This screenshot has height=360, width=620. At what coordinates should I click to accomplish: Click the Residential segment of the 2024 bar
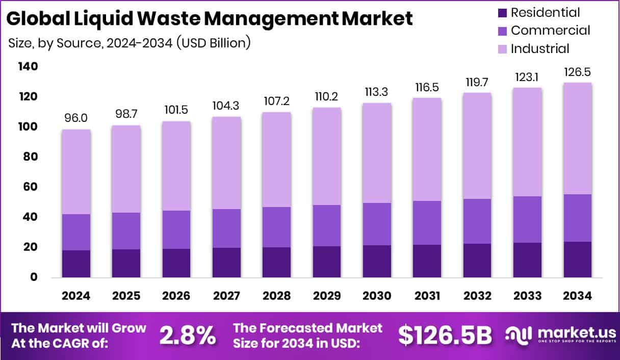point(75,264)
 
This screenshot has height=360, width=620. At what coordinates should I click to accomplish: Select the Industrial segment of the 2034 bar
point(577,138)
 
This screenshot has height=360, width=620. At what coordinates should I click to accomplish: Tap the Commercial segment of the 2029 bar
point(326,225)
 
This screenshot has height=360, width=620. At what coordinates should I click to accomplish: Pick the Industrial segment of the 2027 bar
point(226,163)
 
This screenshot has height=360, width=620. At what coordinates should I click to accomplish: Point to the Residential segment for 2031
point(427,261)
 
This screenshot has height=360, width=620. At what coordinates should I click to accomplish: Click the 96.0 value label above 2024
point(75,118)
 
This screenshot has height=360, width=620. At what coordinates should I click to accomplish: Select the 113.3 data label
point(377,92)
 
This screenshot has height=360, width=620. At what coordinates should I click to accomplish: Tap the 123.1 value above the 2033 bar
point(527,77)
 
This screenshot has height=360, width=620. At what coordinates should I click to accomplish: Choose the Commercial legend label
point(550,31)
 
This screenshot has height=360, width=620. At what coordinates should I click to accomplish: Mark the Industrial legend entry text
point(540,49)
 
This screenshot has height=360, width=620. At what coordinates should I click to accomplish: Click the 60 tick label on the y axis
point(30,187)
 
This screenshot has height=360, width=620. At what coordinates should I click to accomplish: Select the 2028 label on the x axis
point(276,296)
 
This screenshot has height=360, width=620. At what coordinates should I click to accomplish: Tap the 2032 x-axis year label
point(477,296)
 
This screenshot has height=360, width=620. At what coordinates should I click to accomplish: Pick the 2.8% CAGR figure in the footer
point(188,336)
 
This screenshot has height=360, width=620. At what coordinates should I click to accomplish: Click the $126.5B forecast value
point(445,336)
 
